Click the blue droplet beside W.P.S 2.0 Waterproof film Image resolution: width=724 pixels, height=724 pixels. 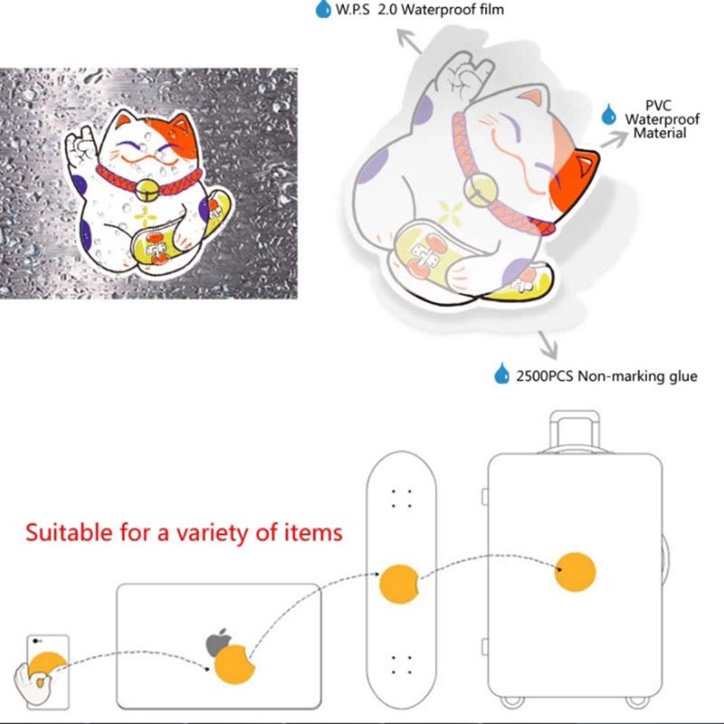[x=323, y=9]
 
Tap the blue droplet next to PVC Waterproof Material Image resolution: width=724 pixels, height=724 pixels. [x=609, y=114]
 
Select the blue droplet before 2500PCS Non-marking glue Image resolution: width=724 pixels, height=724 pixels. [x=502, y=374]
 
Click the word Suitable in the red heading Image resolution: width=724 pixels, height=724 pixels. [x=69, y=532]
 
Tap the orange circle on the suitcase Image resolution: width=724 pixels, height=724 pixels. [x=575, y=572]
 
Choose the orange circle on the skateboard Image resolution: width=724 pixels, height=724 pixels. [x=399, y=584]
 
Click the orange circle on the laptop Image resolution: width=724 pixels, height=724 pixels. [x=235, y=664]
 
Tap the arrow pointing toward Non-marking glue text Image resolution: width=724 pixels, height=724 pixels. [x=547, y=345]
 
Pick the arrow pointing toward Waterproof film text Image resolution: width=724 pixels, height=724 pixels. [x=408, y=41]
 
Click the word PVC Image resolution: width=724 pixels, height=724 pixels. [x=659, y=106]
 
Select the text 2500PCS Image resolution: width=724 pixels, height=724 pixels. [x=545, y=376]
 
